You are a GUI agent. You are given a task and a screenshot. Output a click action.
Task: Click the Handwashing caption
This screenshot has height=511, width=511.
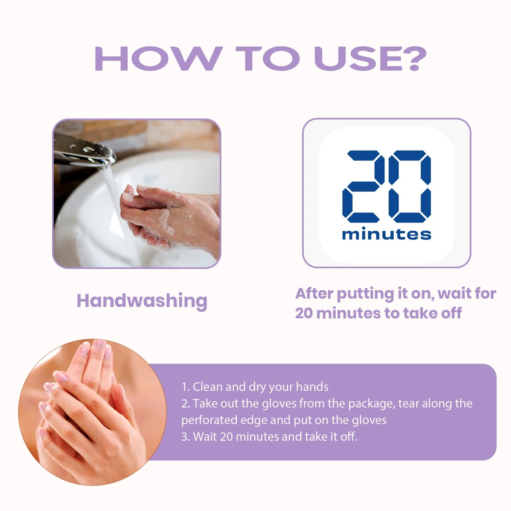click(142, 301)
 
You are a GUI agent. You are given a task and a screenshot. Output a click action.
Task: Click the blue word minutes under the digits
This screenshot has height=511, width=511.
click(387, 234)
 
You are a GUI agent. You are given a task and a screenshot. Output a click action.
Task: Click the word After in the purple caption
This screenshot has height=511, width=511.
click(314, 294)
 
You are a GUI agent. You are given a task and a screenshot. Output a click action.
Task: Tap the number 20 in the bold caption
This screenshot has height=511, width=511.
click(304, 313)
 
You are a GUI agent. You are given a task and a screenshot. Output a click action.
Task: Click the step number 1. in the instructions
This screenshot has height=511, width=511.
click(186, 387)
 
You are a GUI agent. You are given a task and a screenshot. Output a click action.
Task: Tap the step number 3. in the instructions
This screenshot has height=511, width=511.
click(186, 437)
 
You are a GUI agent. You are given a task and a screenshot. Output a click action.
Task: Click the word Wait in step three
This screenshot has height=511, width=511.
click(205, 437)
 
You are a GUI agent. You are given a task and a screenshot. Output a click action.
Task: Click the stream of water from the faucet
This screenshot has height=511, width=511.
click(113, 198)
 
